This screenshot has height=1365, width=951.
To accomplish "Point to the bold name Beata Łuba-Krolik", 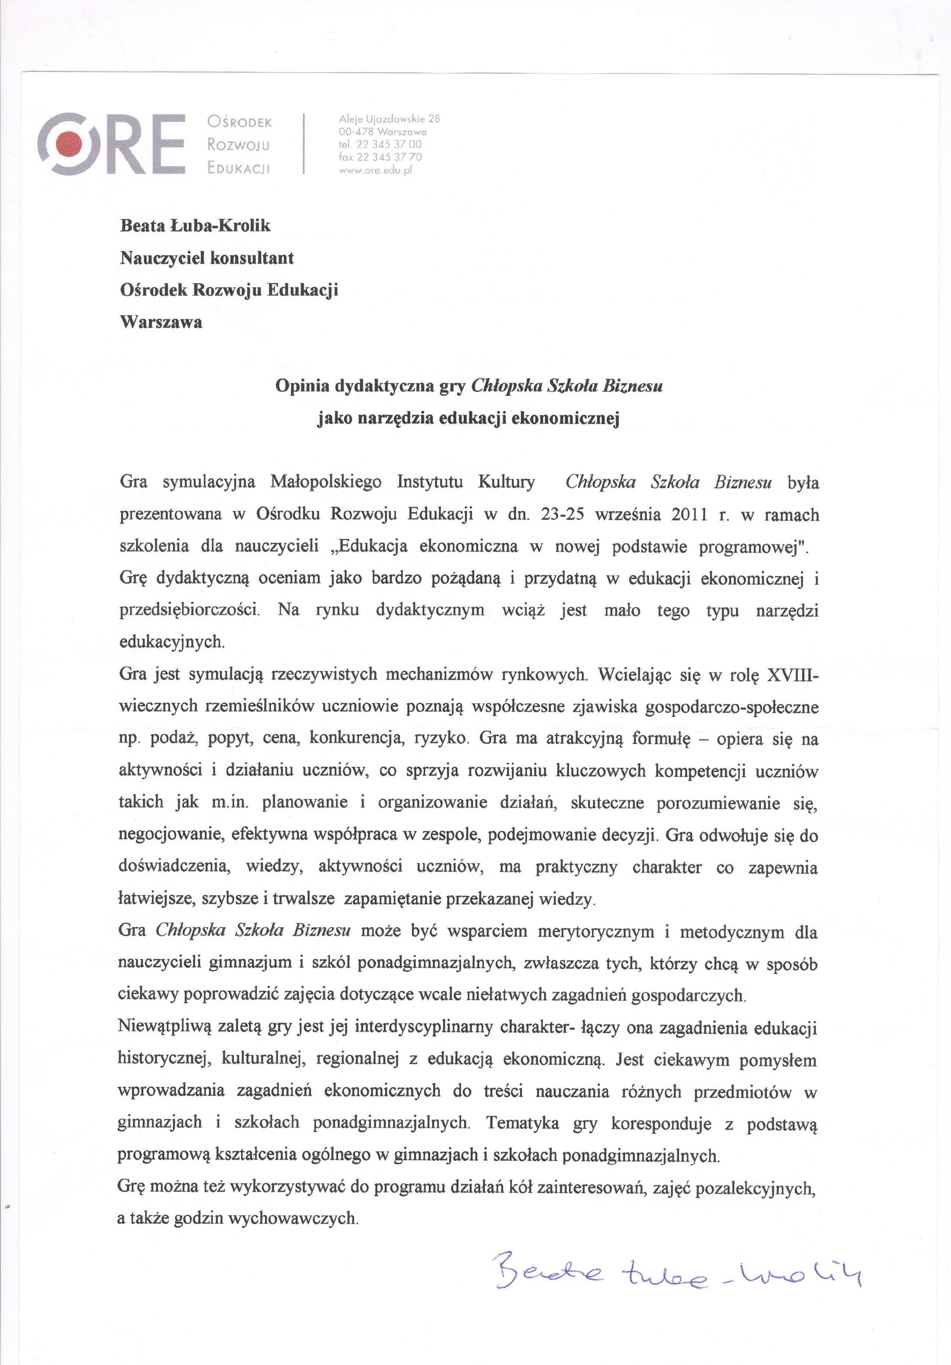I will tap(195, 226).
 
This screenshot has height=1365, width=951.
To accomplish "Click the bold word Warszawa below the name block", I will tap(161, 323).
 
